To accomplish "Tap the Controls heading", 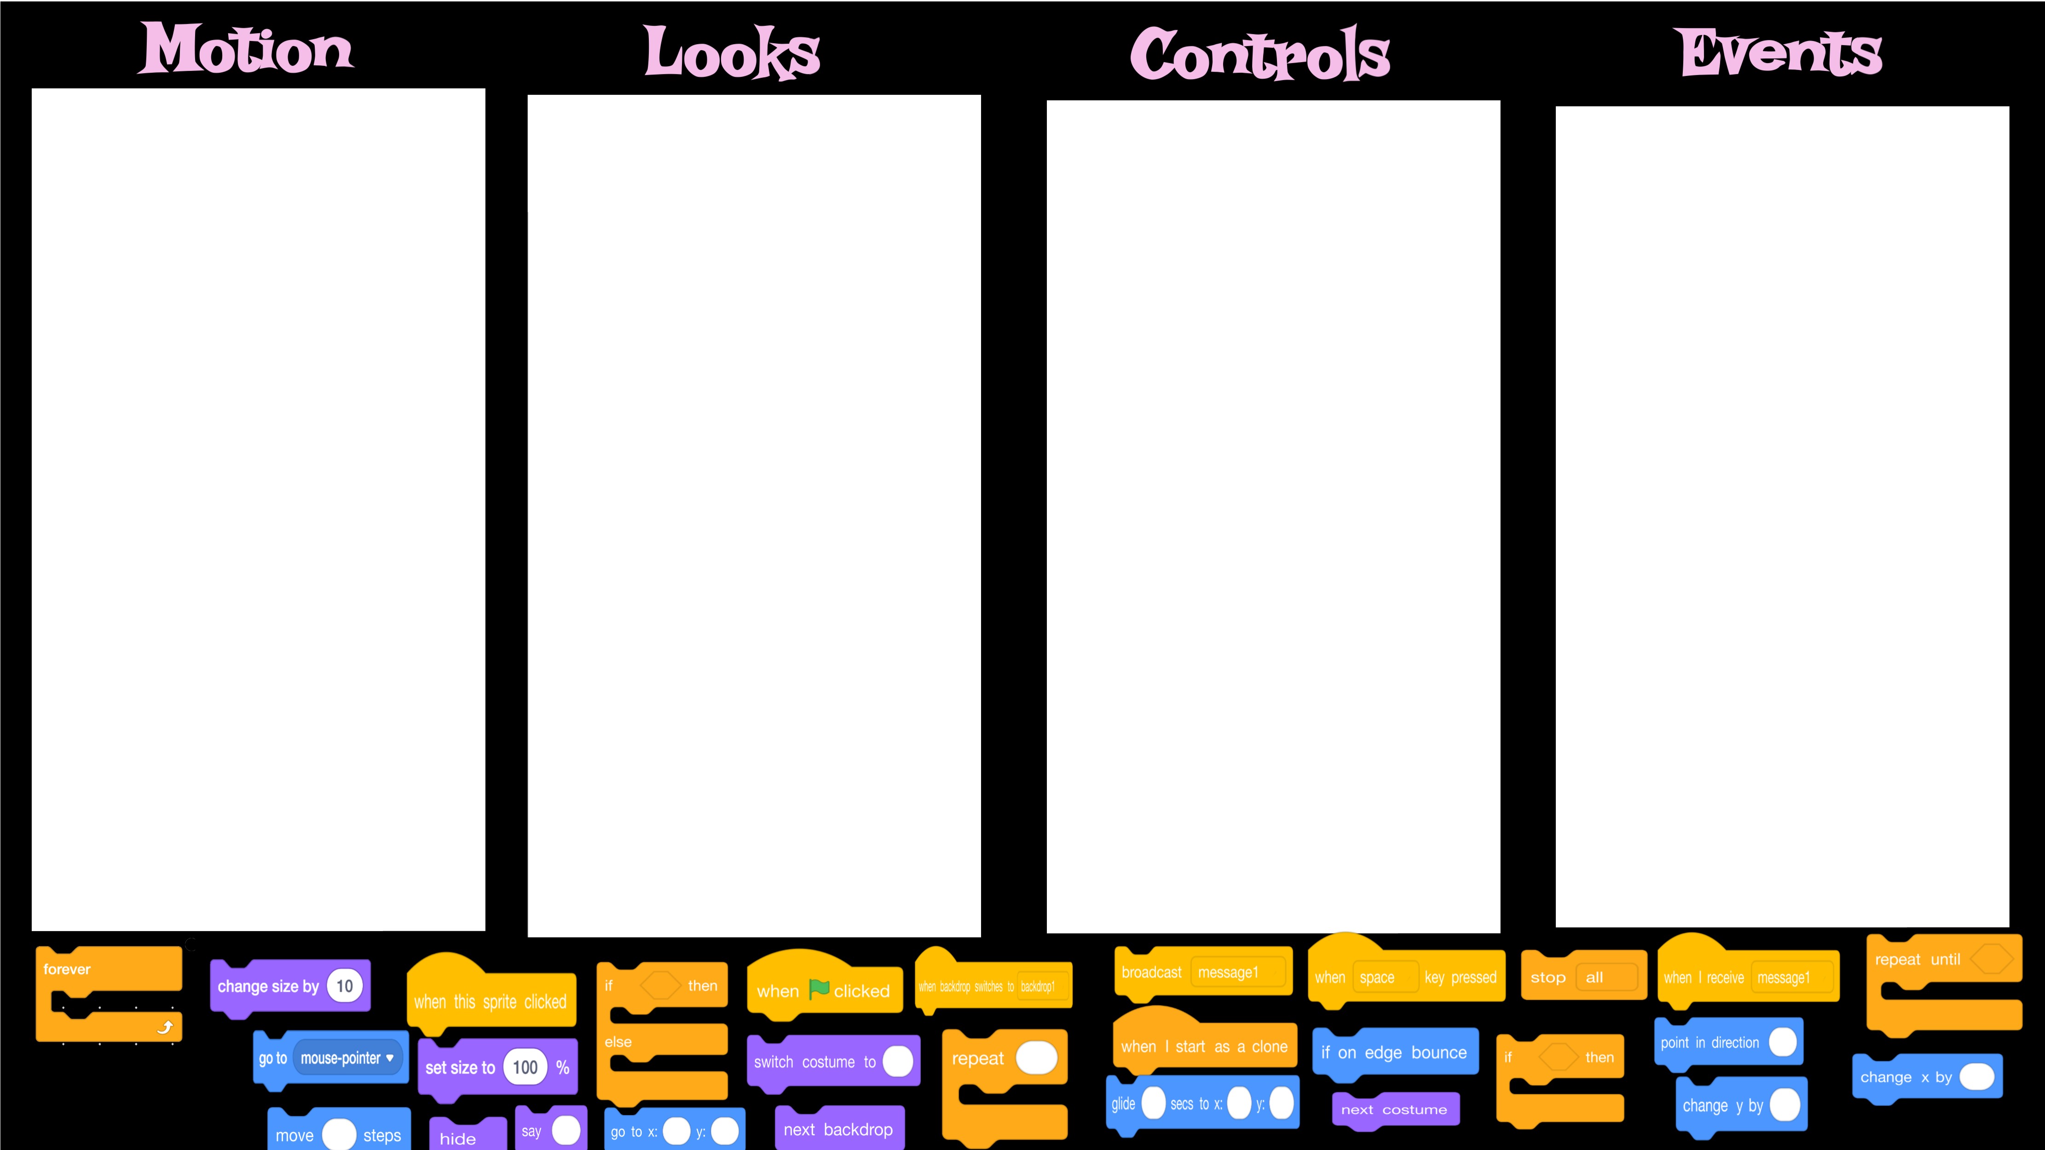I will click(x=1260, y=54).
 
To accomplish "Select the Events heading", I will click(x=1781, y=52).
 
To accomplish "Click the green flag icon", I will click(x=819, y=989).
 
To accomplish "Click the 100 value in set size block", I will click(x=525, y=1068).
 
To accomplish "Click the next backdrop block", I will click(x=838, y=1129).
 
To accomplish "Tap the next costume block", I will click(x=1394, y=1110).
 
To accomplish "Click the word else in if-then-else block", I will click(x=618, y=1042).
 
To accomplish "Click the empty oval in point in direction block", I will click(x=1782, y=1042).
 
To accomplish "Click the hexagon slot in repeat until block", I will click(x=1991, y=959).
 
